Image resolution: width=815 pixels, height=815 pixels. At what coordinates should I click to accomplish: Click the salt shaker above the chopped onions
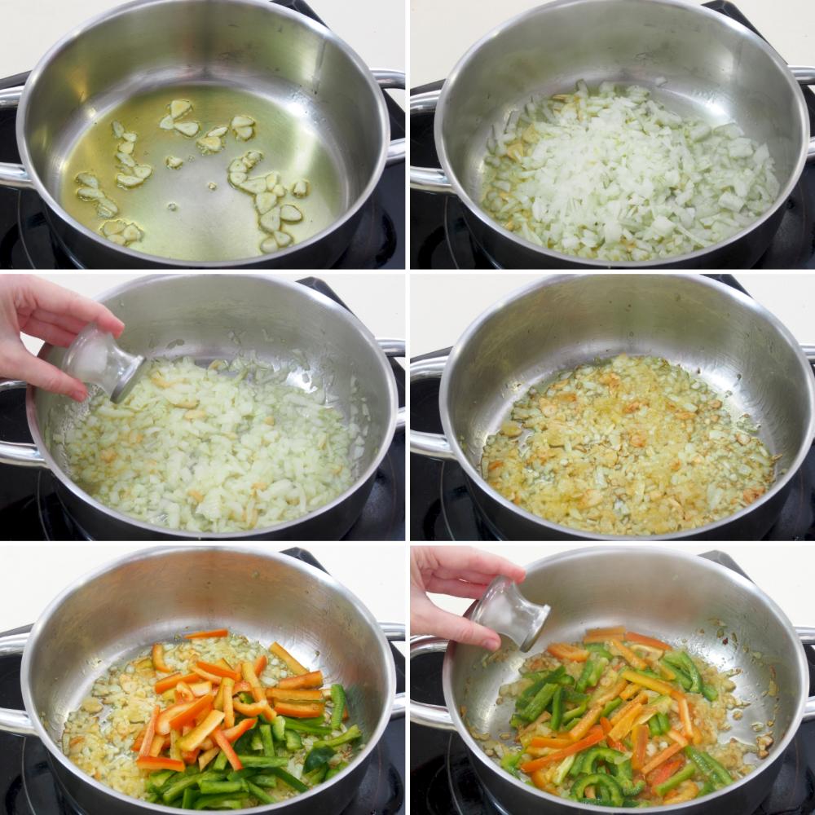(x=102, y=363)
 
